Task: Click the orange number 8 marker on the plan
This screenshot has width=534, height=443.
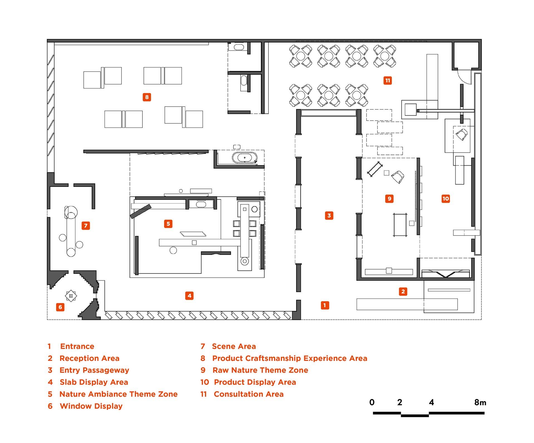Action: [x=147, y=97]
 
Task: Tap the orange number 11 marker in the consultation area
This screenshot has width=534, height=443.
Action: [x=387, y=81]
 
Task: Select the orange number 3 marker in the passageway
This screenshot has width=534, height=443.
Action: [x=329, y=216]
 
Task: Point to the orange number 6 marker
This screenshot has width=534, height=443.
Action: [x=60, y=307]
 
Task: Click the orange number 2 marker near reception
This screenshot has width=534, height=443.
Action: [x=403, y=292]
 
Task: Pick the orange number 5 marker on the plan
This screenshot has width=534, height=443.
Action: [x=168, y=224]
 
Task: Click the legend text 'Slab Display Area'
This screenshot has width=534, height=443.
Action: [x=94, y=382]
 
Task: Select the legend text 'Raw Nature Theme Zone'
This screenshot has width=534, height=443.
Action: [x=260, y=370]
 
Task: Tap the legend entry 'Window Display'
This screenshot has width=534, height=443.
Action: [x=91, y=406]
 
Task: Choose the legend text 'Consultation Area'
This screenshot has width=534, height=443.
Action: [x=249, y=394]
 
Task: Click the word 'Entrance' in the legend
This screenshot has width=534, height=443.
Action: [x=77, y=346]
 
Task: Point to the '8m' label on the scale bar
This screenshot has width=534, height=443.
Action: [x=480, y=402]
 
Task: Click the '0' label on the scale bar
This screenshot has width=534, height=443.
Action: [x=372, y=402]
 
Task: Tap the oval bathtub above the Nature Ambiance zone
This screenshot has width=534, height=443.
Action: [x=244, y=158]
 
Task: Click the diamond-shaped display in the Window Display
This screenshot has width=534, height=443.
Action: [x=71, y=296]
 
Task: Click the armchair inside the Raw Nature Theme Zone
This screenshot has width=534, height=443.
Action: [x=398, y=177]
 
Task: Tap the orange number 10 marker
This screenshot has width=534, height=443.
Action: [x=446, y=199]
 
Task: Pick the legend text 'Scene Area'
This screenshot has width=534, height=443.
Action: [x=234, y=346]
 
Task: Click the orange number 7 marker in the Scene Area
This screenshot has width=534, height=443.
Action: [x=86, y=226]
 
